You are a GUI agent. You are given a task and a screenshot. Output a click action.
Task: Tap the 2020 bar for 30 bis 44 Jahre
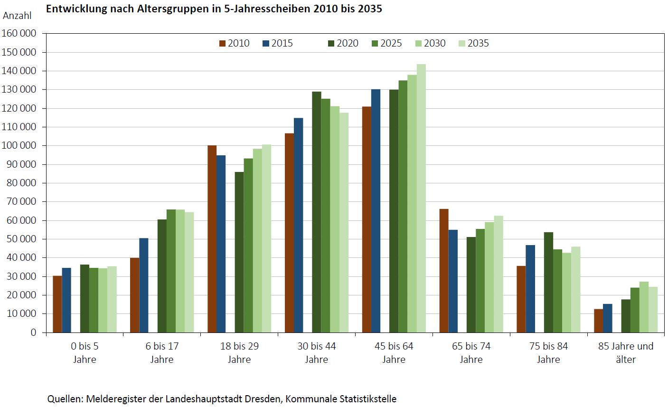317,212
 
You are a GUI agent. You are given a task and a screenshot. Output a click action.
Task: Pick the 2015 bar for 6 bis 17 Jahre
143,285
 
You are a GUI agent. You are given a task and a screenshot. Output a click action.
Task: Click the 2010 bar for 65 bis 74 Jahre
444,271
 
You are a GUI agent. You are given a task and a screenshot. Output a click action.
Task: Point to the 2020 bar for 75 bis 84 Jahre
548,282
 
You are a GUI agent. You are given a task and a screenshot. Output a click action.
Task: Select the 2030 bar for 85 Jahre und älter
644,307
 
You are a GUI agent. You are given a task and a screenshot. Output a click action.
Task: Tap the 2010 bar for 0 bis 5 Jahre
57,304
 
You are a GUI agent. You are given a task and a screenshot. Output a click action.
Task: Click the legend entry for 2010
234,43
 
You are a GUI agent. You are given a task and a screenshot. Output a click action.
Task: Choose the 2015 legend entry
278,43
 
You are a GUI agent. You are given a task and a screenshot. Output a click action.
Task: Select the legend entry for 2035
473,43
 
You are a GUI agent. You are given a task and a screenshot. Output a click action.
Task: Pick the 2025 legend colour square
375,43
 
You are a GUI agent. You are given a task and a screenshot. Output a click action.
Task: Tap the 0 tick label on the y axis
33,332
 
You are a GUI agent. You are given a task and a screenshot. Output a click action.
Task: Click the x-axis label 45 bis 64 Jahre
394,352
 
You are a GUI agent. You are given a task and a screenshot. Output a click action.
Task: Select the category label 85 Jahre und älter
626,352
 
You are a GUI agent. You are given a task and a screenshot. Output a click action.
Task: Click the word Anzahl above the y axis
17,15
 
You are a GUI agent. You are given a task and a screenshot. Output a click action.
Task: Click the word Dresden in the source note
263,399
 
